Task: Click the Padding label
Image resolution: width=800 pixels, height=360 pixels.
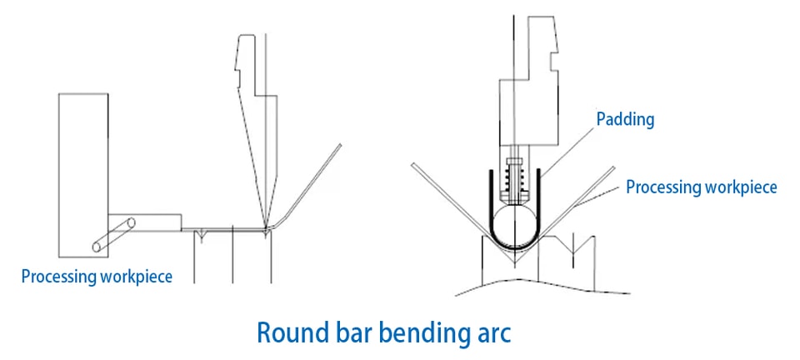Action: click(625, 120)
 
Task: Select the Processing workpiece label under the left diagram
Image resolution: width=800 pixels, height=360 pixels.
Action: click(97, 277)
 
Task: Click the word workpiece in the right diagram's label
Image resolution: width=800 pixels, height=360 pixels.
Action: click(740, 187)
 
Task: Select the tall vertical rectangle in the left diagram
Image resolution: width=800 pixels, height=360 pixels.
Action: click(83, 175)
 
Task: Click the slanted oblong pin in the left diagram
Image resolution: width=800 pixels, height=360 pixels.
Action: click(114, 234)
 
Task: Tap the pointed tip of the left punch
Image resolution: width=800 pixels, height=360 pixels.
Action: click(265, 227)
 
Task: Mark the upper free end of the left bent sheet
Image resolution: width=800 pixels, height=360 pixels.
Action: click(340, 145)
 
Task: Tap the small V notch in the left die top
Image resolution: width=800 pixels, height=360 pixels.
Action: click(202, 235)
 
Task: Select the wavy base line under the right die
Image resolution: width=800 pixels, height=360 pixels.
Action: click(542, 287)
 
